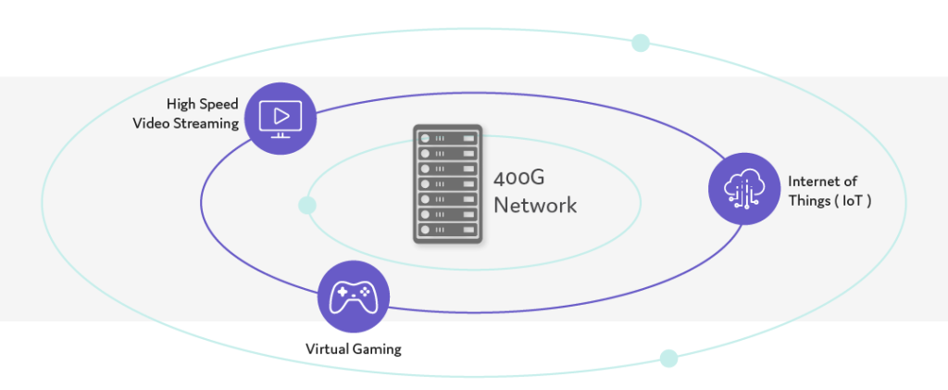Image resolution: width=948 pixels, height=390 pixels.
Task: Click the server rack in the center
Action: click(448, 183)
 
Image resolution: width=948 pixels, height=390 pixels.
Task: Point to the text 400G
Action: click(519, 179)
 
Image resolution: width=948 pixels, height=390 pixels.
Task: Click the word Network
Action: click(535, 205)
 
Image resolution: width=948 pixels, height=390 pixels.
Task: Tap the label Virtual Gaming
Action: click(354, 349)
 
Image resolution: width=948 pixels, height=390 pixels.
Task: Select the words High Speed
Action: click(202, 104)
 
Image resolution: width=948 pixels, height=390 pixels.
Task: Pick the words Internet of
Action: click(822, 182)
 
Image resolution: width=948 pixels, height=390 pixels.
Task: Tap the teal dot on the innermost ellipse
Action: click(307, 204)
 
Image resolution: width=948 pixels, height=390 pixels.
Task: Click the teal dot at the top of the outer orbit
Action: click(640, 43)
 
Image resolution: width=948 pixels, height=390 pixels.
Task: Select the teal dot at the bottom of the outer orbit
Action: click(668, 358)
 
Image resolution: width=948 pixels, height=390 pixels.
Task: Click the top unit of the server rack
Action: click(448, 137)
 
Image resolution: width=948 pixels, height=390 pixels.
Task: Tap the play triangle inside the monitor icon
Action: click(283, 116)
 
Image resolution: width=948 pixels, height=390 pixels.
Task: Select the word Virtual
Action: click(328, 349)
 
